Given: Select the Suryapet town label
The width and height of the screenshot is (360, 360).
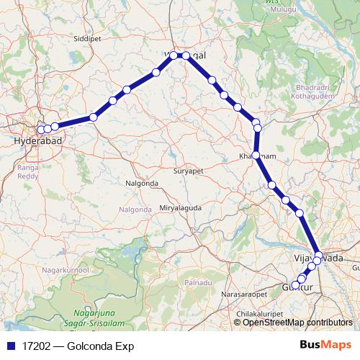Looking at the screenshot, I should pyautogui.click(x=189, y=172).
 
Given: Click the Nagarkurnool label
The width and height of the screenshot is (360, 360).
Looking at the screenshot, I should pyautogui.click(x=68, y=269).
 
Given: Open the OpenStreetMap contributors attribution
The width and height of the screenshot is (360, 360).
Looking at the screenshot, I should pyautogui.click(x=297, y=322).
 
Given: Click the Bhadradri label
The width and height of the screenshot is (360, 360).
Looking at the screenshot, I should pyautogui.click(x=310, y=88).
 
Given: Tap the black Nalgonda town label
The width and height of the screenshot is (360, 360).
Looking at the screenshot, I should pyautogui.click(x=141, y=184).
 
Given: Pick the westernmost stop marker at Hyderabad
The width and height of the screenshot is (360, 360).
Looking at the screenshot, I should pyautogui.click(x=40, y=130).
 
